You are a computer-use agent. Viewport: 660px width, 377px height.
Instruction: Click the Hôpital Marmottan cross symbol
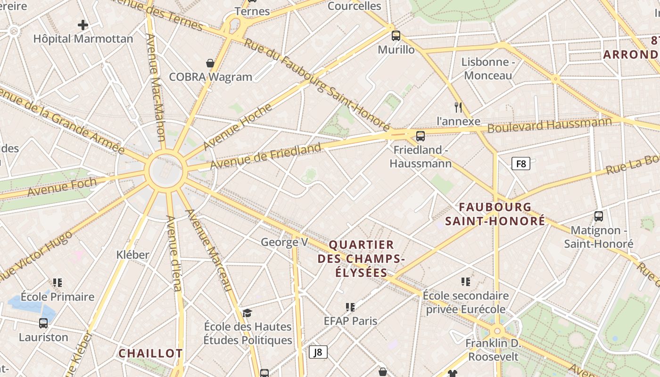[83, 25]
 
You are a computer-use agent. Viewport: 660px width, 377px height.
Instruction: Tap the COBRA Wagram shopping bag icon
[210, 63]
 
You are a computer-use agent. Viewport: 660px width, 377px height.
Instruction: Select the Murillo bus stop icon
[396, 35]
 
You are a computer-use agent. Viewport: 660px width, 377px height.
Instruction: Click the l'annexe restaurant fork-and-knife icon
[458, 107]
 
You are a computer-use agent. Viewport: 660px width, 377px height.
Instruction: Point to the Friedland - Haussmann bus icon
[421, 136]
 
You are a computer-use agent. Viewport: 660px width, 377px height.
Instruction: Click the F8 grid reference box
[520, 164]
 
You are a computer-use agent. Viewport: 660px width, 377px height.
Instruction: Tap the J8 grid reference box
[318, 352]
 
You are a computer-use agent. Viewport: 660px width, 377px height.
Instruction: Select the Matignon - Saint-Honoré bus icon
[599, 216]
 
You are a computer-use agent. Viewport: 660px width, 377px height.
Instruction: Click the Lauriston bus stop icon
[43, 323]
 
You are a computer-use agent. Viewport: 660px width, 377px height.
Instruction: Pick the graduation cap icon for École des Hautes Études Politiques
[247, 313]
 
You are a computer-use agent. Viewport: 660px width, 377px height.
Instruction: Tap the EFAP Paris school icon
[350, 307]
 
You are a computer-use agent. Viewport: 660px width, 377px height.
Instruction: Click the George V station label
[284, 242]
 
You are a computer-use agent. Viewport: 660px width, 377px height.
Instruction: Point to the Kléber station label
[133, 255]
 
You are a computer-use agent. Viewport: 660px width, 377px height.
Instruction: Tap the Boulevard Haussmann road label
[549, 125]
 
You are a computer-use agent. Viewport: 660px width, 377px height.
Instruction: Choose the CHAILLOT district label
[150, 353]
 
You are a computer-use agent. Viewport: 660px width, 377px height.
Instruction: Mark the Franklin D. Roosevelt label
[493, 349]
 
